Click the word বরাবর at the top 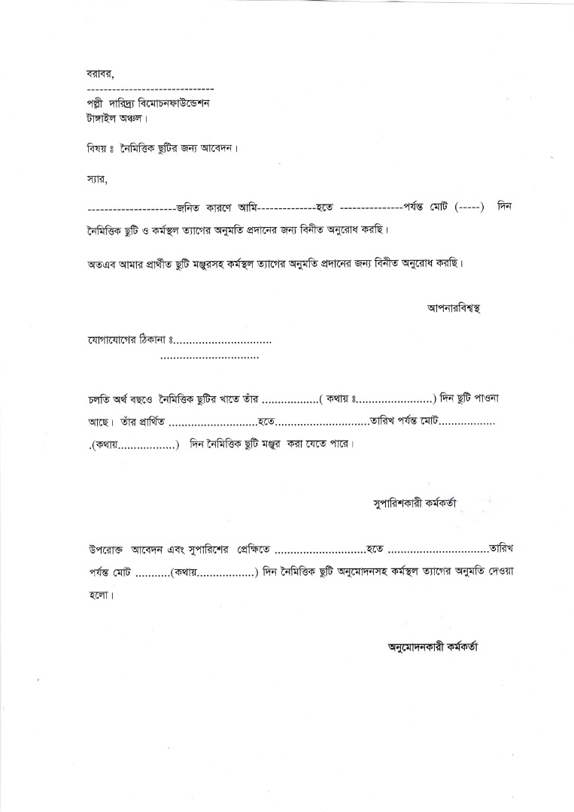(x=99, y=74)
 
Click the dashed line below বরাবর (x=150, y=89)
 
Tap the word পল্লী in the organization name (x=99, y=104)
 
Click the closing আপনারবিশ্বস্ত (x=454, y=308)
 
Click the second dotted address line (x=210, y=356)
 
